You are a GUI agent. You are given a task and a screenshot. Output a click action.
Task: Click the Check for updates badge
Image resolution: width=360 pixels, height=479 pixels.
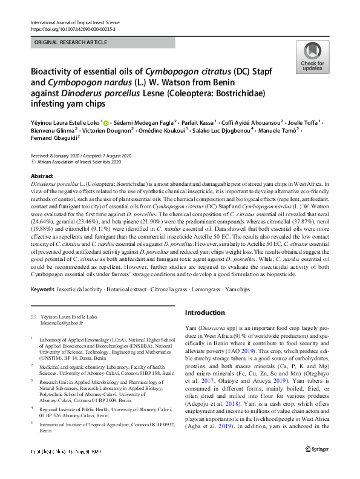click(312, 57)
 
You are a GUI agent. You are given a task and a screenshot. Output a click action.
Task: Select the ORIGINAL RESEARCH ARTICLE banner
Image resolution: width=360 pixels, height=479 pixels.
click(71, 42)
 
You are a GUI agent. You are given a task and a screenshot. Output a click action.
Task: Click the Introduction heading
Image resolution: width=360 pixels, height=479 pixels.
click(205, 312)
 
